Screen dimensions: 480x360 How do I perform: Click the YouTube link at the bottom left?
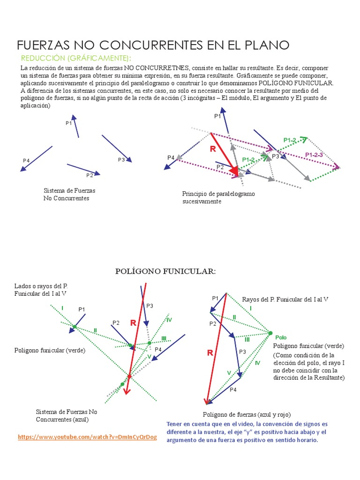(x=87, y=437)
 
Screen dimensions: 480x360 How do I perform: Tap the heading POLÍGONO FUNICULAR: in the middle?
(x=165, y=271)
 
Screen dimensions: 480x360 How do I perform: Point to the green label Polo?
(x=281, y=337)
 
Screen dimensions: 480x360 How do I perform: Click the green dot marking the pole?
(x=270, y=333)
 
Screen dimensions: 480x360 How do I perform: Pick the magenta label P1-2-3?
(x=315, y=155)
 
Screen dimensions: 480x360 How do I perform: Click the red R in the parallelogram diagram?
(x=213, y=150)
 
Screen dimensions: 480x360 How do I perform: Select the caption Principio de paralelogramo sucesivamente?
(x=218, y=197)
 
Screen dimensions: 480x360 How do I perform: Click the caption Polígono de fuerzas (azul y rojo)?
(x=247, y=414)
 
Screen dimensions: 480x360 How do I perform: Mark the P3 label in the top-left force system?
(x=121, y=160)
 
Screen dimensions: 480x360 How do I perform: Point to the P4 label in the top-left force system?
(x=26, y=161)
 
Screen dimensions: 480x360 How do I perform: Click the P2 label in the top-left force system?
(x=90, y=175)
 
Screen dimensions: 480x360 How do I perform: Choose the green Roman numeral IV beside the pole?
(x=257, y=363)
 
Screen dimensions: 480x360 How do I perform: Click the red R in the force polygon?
(x=210, y=352)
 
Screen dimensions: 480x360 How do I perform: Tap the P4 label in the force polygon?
(x=233, y=390)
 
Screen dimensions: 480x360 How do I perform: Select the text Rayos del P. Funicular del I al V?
(x=285, y=299)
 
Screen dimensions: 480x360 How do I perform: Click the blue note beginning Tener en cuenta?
(x=247, y=432)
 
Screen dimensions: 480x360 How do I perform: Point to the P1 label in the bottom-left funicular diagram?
(x=82, y=309)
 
